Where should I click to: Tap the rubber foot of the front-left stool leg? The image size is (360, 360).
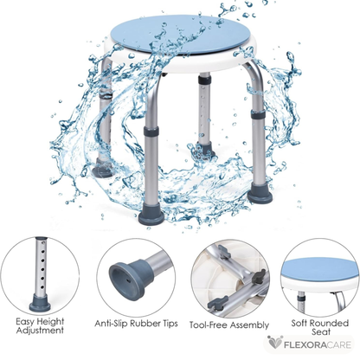click(x=151, y=216)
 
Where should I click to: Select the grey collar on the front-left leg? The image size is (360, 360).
click(x=151, y=132)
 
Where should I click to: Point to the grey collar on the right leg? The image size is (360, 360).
click(x=258, y=116)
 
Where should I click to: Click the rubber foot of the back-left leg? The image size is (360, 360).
click(x=104, y=170)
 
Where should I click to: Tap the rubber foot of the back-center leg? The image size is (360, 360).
click(x=205, y=148)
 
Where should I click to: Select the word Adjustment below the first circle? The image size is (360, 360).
click(x=40, y=331)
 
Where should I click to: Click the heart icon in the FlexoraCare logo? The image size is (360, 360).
click(x=274, y=343)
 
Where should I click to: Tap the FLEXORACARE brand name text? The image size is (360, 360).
click(x=318, y=344)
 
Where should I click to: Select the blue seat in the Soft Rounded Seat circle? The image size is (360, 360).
click(x=319, y=269)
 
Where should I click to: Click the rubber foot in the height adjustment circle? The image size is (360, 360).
click(x=40, y=303)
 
